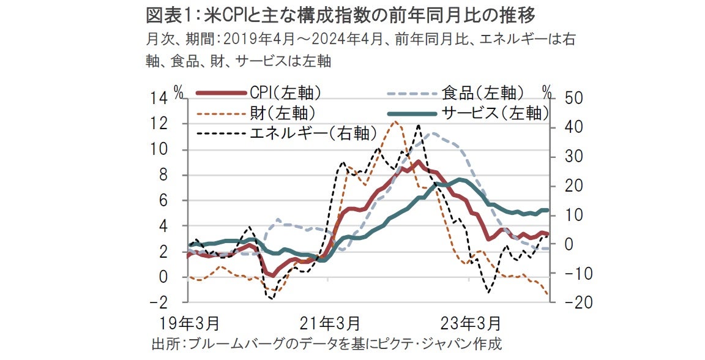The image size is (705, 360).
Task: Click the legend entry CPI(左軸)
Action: [285, 93]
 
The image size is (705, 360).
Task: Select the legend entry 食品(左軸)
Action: [482, 93]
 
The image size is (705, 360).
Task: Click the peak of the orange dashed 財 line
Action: [395, 121]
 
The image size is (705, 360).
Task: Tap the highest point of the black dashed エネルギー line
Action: [419, 126]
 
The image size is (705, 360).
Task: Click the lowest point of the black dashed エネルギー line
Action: [271, 298]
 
